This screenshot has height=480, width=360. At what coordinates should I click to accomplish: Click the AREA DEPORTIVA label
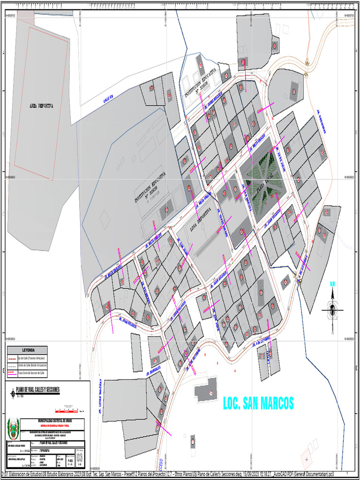(39, 106)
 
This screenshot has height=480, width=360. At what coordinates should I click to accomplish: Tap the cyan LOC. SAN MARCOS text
(258, 403)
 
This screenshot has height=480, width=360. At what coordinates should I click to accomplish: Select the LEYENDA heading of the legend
(27, 350)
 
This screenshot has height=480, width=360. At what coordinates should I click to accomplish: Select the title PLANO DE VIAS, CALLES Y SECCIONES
(38, 390)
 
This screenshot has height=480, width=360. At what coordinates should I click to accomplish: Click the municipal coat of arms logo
(13, 428)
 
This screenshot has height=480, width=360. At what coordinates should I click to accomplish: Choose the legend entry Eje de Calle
(27, 357)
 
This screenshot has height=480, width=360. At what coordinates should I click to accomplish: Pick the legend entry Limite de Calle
(27, 365)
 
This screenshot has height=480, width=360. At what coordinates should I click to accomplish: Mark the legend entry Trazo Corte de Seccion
(27, 374)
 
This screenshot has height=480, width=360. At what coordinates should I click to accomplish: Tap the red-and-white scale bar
(68, 397)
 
